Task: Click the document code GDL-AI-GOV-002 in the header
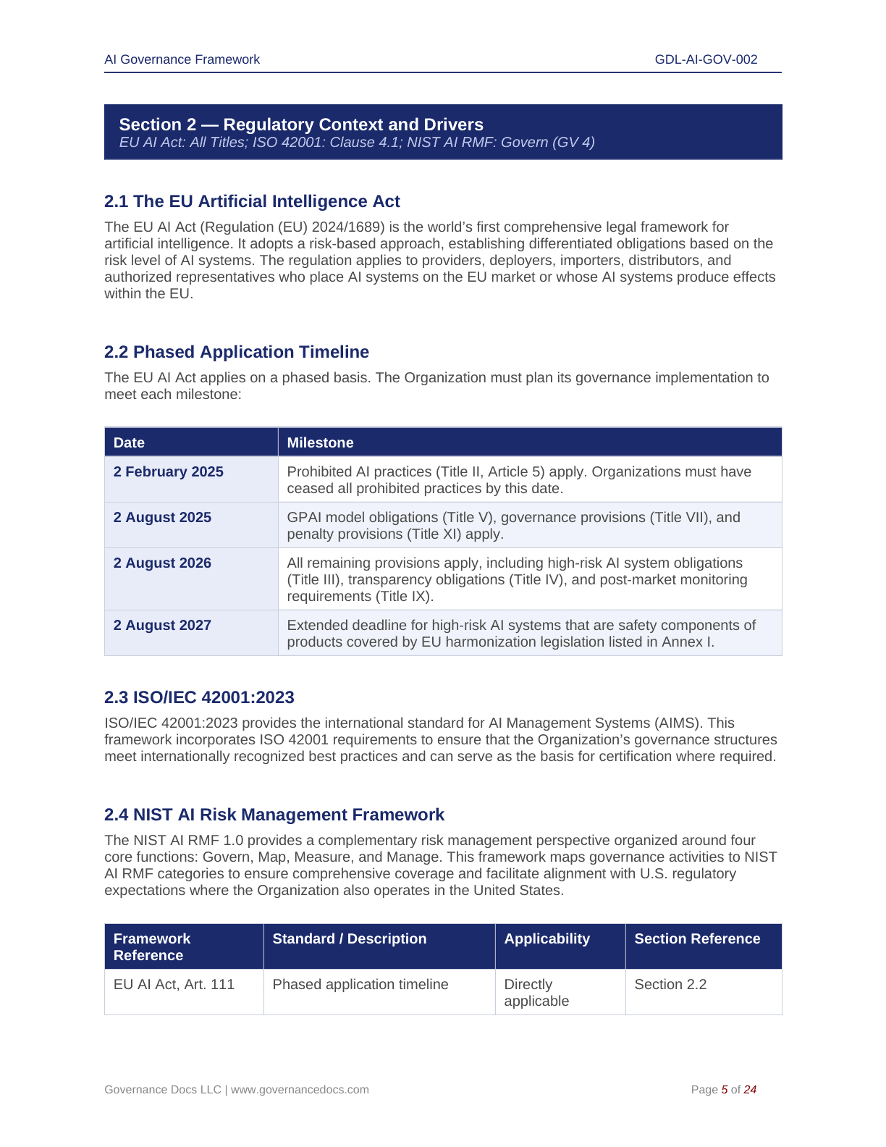[706, 59]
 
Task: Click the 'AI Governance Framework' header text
[182, 59]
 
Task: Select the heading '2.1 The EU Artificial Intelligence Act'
[252, 201]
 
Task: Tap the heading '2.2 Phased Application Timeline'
[237, 352]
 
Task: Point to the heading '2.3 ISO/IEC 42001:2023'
[199, 697]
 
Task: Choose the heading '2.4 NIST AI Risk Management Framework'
[274, 815]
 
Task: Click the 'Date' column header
[129, 442]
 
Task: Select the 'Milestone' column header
[320, 442]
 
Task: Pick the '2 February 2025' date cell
[168, 471]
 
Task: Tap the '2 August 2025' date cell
[162, 517]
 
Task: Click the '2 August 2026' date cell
[162, 563]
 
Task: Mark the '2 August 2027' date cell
[162, 625]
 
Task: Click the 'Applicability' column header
[547, 938]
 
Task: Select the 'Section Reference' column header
[697, 938]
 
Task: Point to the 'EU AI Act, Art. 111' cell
[174, 984]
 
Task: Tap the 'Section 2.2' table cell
[670, 984]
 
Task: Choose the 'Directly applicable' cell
[536, 993]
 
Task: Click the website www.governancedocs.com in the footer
[300, 1089]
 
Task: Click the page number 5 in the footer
[725, 1089]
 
